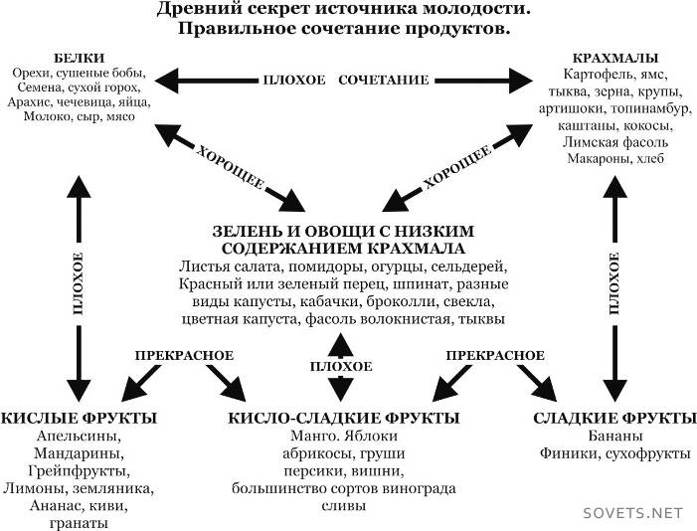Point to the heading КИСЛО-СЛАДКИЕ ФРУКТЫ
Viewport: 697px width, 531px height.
[343, 417]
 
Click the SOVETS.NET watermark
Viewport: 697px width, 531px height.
[634, 513]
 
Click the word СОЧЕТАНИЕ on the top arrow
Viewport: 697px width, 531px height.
[384, 78]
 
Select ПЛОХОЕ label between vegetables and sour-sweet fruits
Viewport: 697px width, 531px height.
[341, 367]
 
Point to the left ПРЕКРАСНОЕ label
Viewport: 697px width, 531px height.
[185, 355]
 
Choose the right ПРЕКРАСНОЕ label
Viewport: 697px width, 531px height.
[495, 355]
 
